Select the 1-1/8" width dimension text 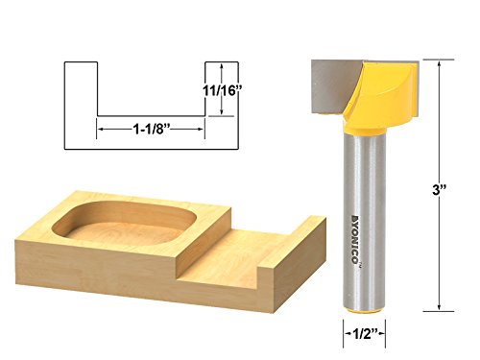click(150, 130)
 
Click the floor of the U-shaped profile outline click(150, 116)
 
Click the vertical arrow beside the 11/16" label click(222, 89)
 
